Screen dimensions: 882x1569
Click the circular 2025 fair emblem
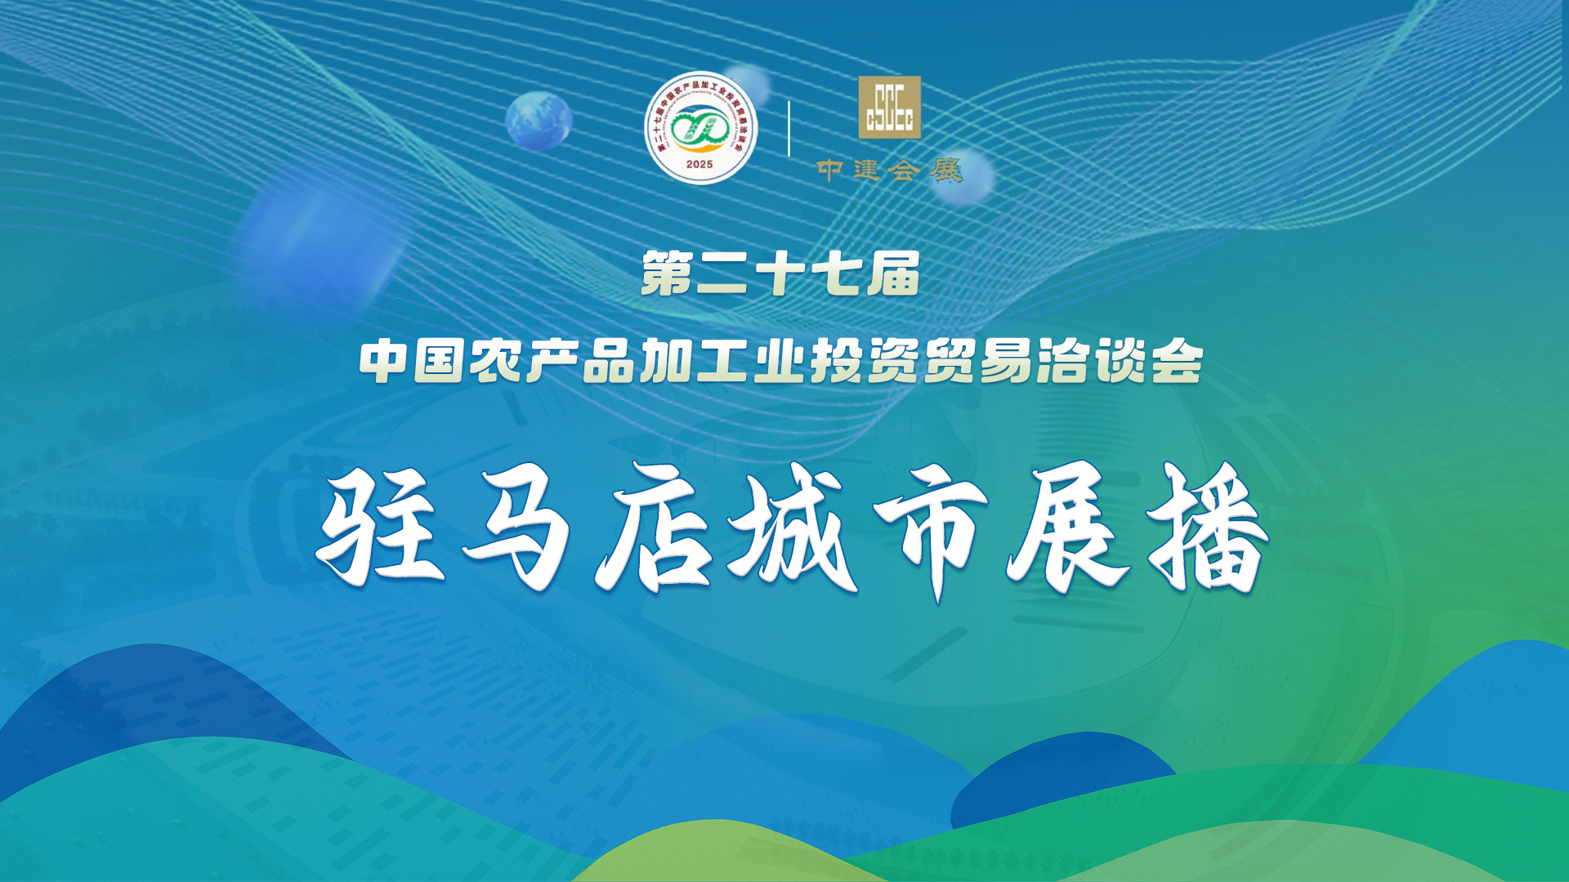coord(700,128)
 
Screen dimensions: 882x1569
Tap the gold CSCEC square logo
coord(889,107)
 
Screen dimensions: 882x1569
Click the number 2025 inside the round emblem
coord(700,164)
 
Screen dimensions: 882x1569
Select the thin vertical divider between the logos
coord(789,128)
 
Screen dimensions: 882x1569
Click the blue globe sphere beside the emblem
coord(539,120)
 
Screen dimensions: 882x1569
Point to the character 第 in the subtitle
coord(667,274)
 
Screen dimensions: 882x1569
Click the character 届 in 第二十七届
coord(894,274)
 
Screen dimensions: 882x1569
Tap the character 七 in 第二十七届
coord(837,274)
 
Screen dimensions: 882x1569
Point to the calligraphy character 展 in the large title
coord(1067,529)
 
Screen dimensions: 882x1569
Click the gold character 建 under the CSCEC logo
coord(866,170)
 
